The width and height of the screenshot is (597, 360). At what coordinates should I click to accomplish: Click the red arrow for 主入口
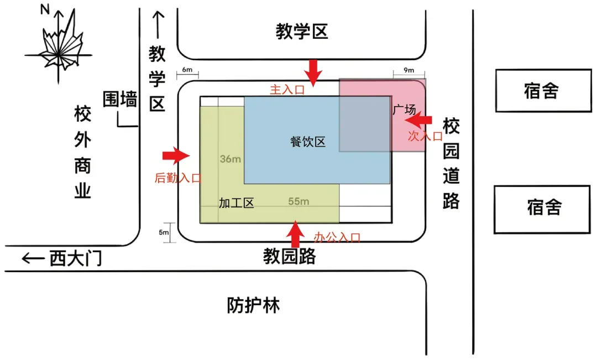[313, 72]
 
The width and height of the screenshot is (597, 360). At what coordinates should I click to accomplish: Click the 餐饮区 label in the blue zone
[308, 142]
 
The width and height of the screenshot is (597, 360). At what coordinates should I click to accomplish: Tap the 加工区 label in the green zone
[236, 203]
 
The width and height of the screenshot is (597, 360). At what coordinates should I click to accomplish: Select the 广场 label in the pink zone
[404, 109]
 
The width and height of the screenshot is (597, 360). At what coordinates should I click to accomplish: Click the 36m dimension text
[231, 159]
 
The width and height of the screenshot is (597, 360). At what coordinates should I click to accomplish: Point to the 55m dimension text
[298, 201]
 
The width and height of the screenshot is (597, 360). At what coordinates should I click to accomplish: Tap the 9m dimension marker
[409, 70]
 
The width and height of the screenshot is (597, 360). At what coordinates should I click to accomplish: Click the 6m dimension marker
[187, 70]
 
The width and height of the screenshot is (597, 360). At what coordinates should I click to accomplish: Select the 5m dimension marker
[164, 232]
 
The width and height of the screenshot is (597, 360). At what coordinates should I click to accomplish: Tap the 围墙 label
[120, 100]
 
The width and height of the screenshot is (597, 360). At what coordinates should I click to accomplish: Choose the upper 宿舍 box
[542, 90]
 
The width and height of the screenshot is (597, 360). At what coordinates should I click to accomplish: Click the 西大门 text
[76, 258]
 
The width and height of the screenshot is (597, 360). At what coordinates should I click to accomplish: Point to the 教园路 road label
[289, 257]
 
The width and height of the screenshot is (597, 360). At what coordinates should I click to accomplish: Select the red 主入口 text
[287, 90]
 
